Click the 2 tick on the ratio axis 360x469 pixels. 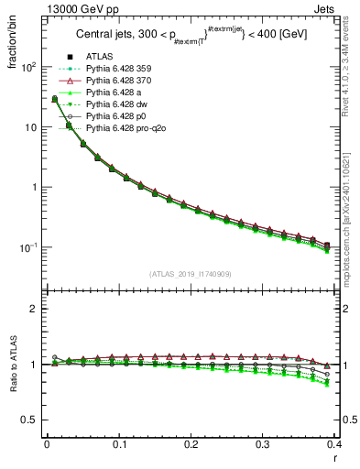pos(34,309)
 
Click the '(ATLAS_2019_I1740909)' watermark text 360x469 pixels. pos(191,274)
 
